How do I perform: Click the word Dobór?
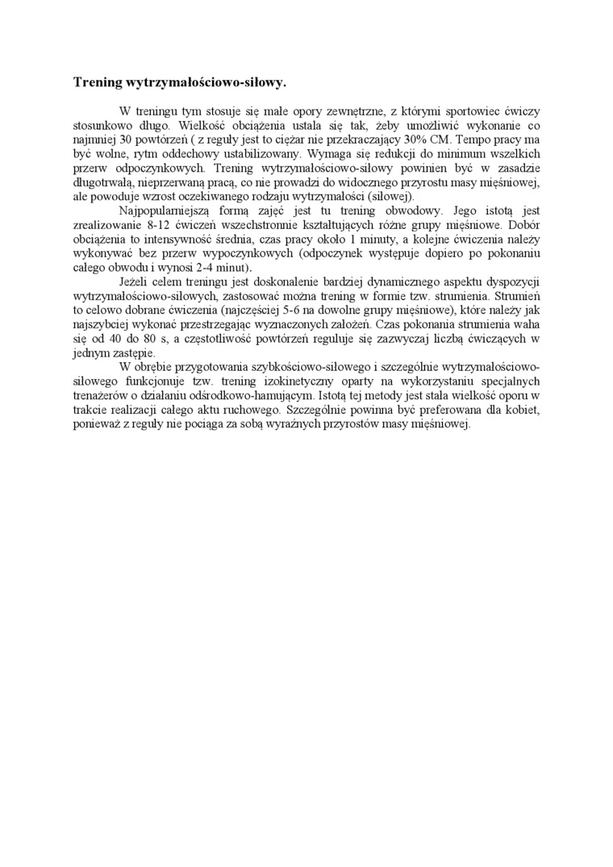point(521,224)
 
